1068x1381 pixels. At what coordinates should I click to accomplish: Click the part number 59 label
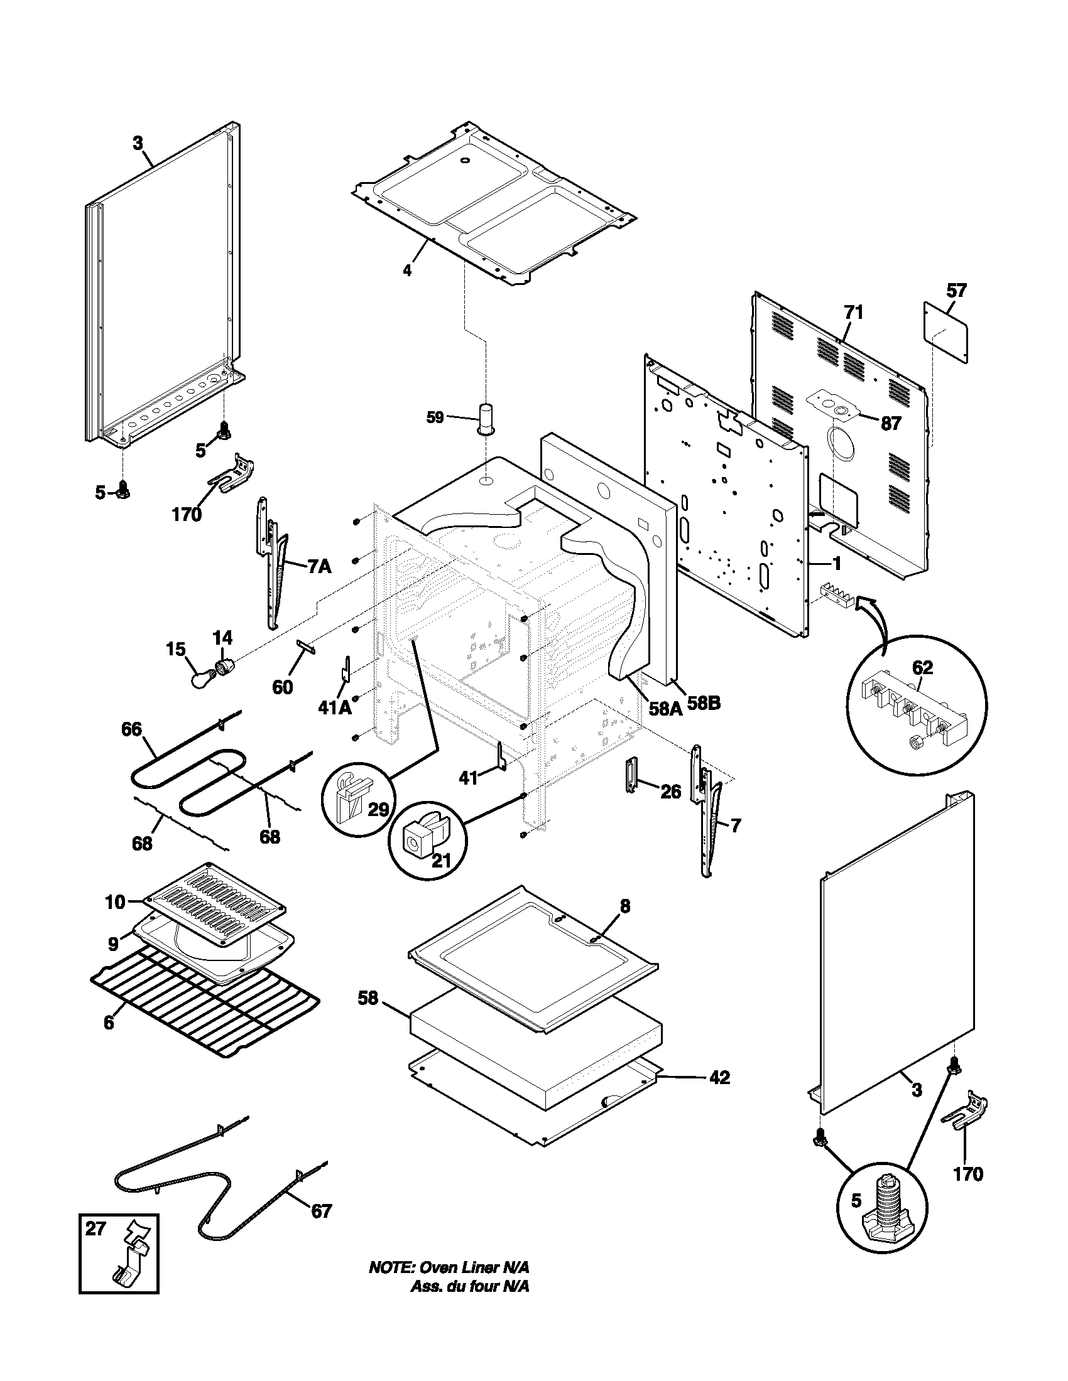pos(435,417)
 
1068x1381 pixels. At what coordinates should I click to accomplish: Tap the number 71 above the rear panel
pos(853,313)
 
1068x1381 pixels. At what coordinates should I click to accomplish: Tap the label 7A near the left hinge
pos(320,567)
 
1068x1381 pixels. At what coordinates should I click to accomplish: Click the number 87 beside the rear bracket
pos(891,423)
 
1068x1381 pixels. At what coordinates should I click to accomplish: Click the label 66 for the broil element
pos(131,729)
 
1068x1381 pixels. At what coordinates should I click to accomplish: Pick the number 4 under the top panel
pos(408,271)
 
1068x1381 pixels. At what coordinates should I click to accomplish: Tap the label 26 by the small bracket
pos(671,791)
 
